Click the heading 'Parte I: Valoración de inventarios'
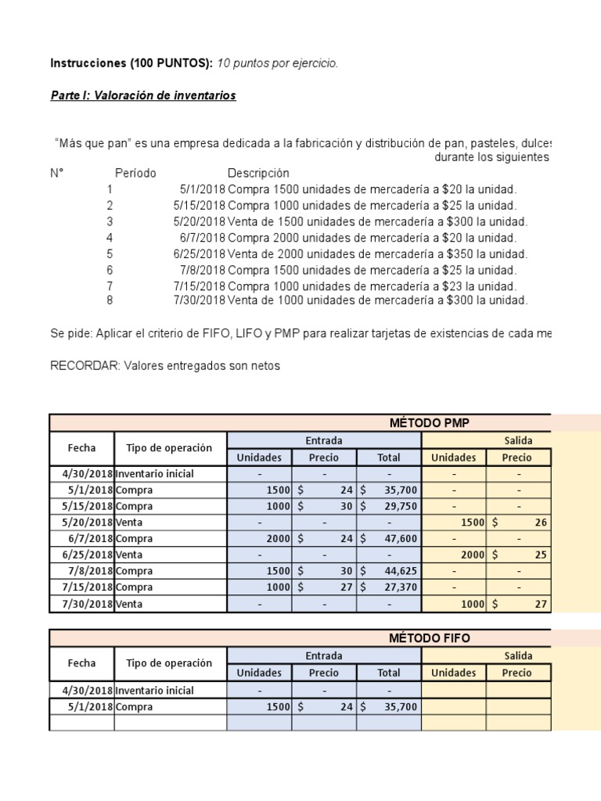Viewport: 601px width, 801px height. coord(142,95)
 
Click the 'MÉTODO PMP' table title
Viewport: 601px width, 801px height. coord(430,422)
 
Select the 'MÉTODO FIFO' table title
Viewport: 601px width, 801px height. coord(430,638)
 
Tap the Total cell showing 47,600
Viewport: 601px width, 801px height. coord(389,538)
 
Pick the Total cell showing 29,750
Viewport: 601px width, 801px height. coord(389,506)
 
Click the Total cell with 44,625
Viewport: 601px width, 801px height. coord(389,571)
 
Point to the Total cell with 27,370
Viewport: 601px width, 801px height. coord(389,587)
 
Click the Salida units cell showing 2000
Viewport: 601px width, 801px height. coord(452,555)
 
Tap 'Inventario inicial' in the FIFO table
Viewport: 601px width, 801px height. coord(154,691)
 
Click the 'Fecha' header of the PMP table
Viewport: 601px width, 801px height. coord(81,448)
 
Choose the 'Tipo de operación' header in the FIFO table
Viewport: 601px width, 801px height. coord(169,663)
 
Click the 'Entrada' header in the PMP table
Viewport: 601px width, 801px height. coord(323,440)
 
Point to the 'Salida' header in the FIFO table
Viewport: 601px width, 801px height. coord(518,656)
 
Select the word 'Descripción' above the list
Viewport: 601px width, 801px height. coord(258,173)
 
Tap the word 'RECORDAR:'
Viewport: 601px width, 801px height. coord(85,365)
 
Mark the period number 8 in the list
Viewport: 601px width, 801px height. coord(110,300)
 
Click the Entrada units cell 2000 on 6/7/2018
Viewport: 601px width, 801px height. coord(259,538)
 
